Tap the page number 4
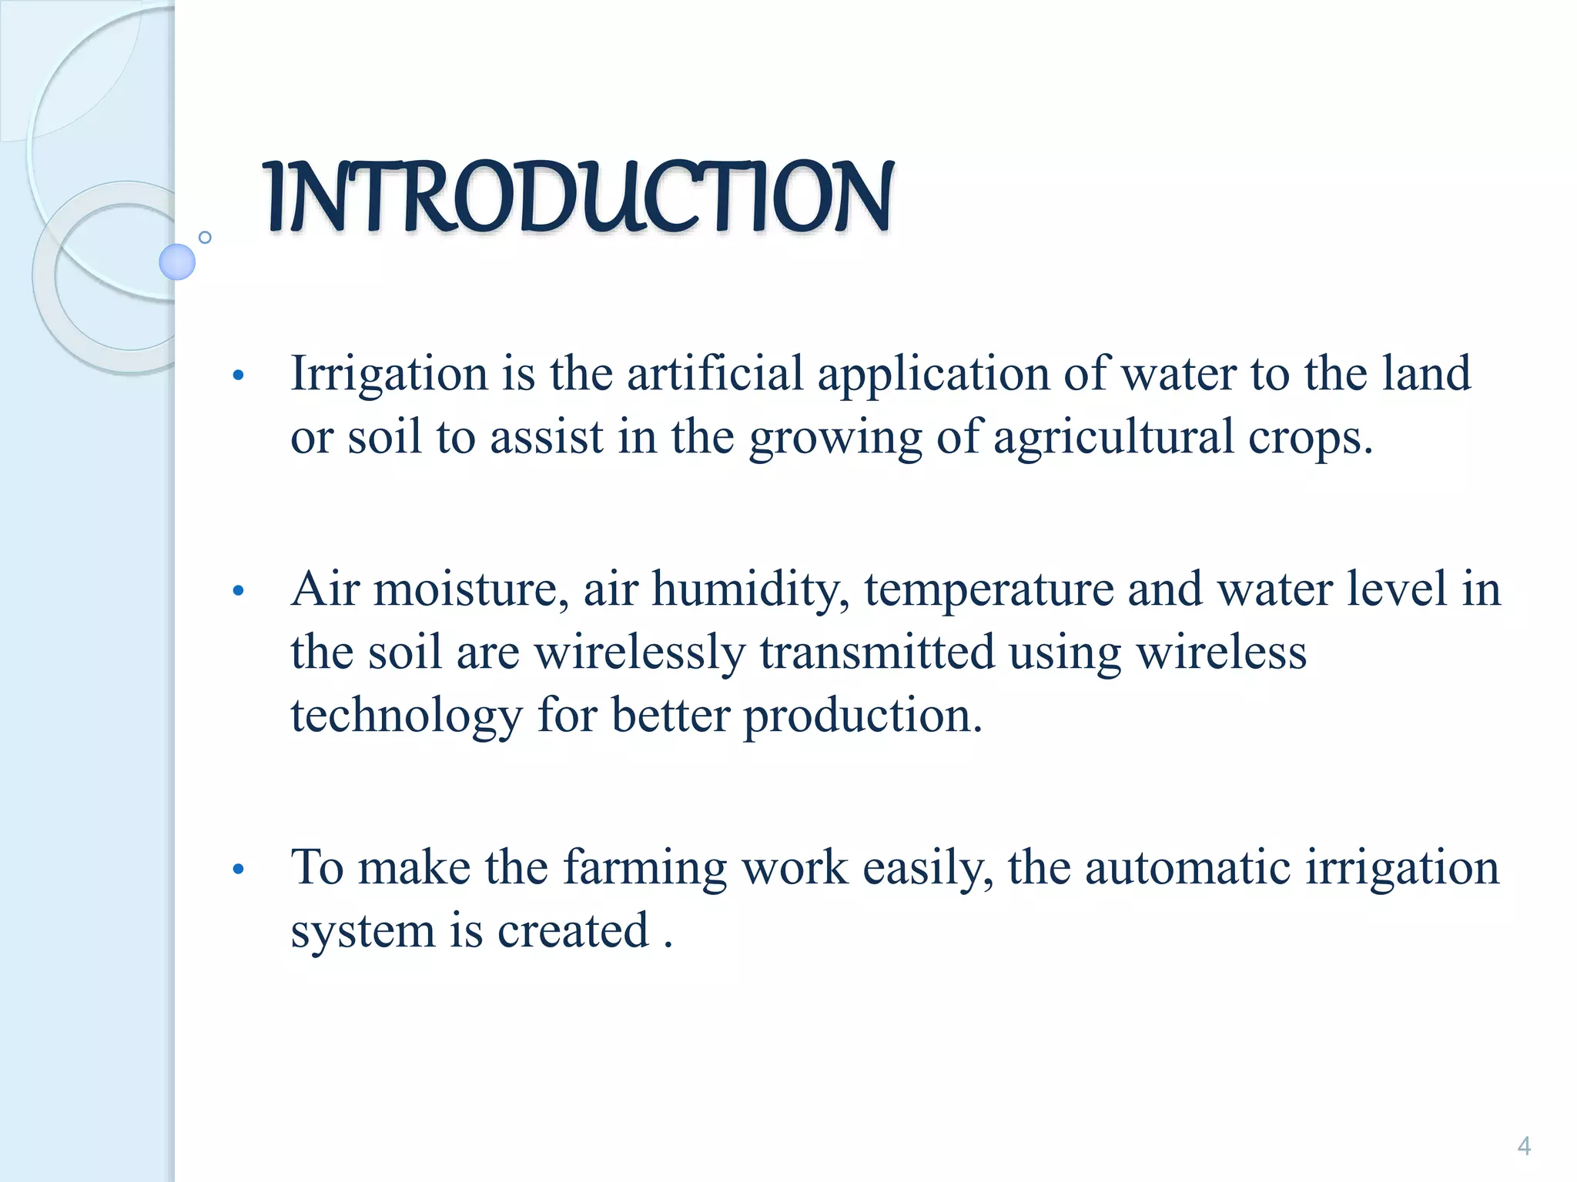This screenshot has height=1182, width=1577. (1523, 1147)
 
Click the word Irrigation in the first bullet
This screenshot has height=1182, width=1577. (389, 375)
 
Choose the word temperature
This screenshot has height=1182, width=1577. (989, 590)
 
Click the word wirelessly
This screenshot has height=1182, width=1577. (640, 653)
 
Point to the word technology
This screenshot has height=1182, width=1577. (407, 716)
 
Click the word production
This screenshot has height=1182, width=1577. (862, 716)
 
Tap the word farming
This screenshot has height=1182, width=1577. (645, 869)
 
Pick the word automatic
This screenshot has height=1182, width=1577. (1187, 869)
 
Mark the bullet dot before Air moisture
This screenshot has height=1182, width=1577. (239, 591)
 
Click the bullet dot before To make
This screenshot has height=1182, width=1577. (239, 870)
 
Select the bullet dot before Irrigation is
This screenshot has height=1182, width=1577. (239, 376)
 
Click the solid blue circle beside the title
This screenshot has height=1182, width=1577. (177, 262)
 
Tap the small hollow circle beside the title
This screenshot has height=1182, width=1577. (205, 237)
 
